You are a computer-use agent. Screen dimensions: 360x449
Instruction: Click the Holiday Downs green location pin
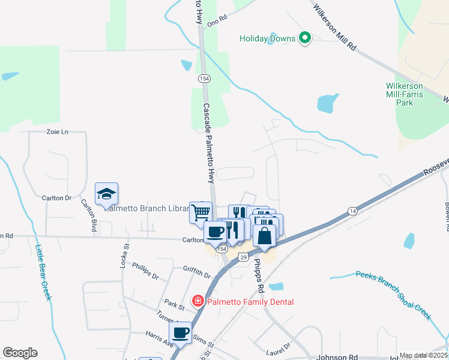305,39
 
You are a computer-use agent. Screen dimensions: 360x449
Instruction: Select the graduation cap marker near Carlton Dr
106,194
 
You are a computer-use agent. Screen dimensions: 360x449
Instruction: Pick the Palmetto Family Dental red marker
197,301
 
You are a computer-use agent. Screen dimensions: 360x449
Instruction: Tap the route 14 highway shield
352,211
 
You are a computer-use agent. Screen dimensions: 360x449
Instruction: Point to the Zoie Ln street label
58,131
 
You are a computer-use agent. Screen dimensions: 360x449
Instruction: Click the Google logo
20,353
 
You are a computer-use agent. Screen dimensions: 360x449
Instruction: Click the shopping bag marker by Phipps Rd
264,235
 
